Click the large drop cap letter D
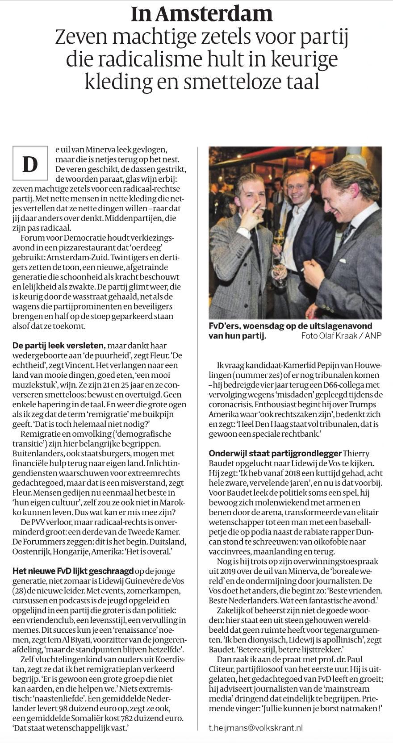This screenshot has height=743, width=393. coord(30,165)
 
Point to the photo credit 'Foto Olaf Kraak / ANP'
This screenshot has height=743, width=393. coord(342,335)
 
